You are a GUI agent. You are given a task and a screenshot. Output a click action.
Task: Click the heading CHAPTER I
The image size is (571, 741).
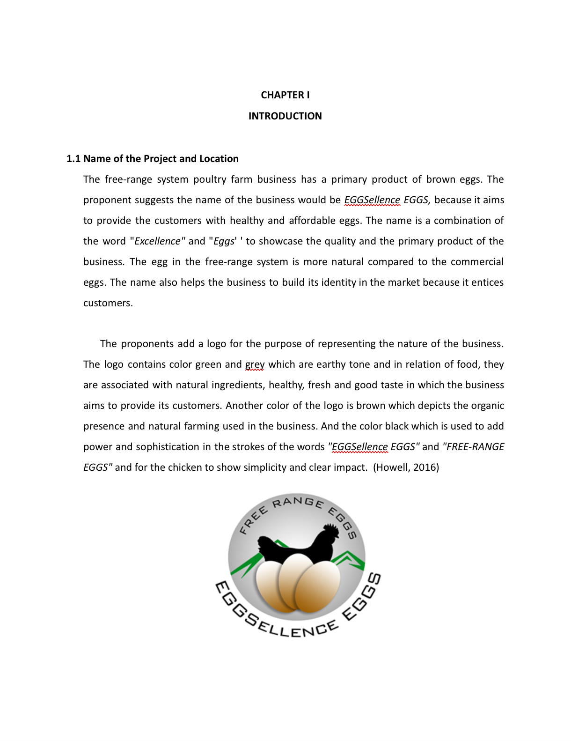[285, 95]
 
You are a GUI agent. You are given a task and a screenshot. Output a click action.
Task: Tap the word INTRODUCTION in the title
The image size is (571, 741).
[285, 116]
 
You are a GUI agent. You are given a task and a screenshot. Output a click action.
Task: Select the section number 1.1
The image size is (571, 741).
[73, 159]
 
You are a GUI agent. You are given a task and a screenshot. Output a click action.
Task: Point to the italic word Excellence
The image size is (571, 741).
[158, 241]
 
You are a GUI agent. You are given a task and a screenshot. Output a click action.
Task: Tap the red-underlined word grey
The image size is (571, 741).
[255, 364]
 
